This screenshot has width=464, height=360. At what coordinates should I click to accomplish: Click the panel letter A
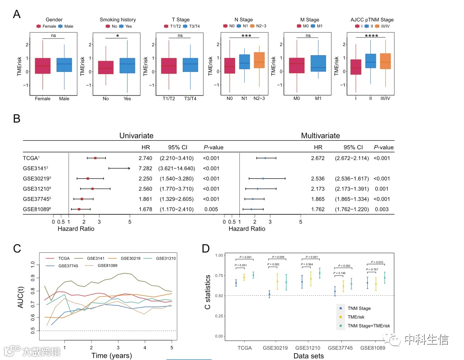[17, 14]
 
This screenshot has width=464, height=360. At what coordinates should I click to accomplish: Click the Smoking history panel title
[118, 20]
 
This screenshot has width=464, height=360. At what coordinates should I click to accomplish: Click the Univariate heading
[136, 136]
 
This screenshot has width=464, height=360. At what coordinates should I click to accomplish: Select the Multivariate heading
[321, 136]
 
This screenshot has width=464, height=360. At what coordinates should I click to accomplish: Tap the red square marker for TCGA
[95, 158]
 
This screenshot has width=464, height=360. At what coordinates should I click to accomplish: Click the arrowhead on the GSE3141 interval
[129, 168]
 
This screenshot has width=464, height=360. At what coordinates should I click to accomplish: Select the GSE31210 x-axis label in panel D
[308, 349]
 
